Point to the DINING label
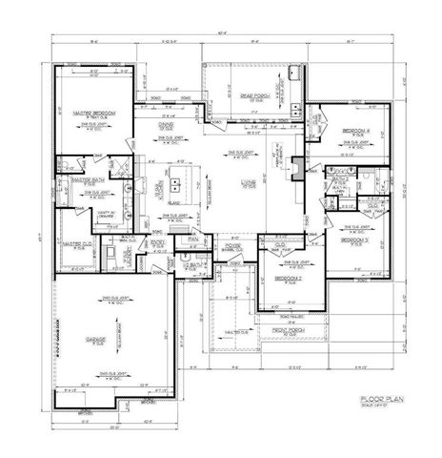[166, 125]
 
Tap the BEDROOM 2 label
[288, 279]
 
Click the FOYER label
[231, 244]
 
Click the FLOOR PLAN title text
[384, 398]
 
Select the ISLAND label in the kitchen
[174, 203]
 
